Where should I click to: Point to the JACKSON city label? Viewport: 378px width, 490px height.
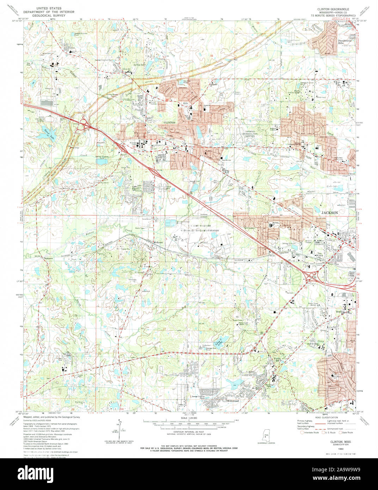(329, 213)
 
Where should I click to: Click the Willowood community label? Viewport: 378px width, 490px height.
(233, 401)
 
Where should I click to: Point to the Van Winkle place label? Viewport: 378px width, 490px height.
(318, 255)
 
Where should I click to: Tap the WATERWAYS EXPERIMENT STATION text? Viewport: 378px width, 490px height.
(200, 230)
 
